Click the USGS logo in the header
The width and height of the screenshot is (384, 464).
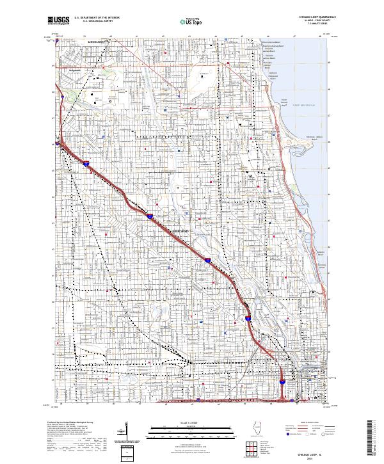click(58, 20)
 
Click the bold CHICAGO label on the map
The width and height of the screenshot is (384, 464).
click(181, 230)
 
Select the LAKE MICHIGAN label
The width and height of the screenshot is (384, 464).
click(304, 104)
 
